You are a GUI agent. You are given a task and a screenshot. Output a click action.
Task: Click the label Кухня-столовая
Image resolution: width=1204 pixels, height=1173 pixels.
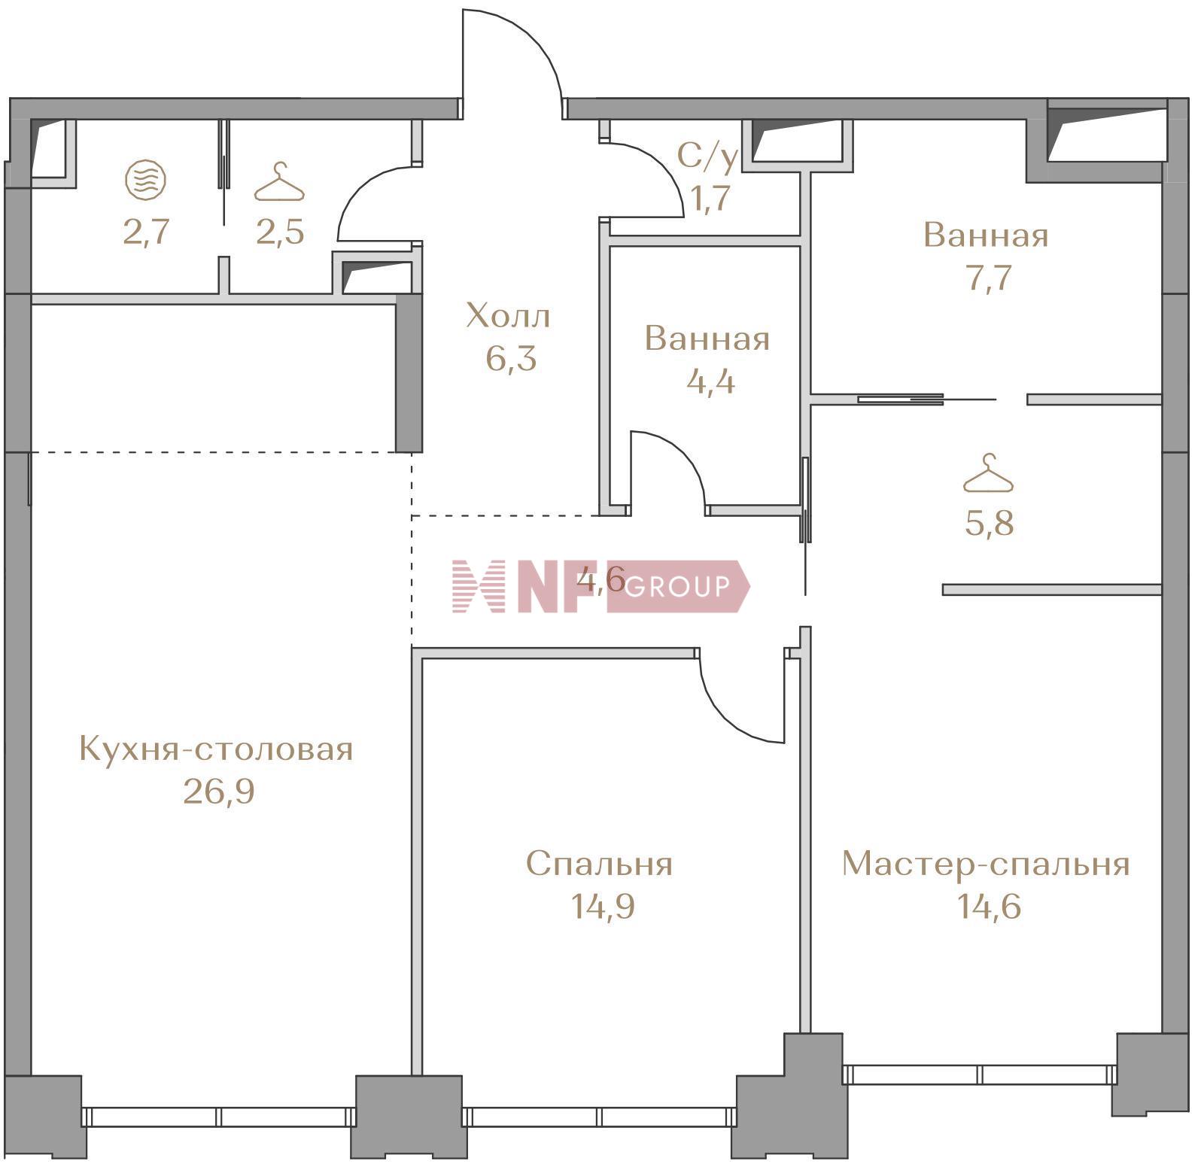pos(216,749)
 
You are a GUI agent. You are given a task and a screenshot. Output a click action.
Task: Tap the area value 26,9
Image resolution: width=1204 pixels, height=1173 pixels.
pos(219,791)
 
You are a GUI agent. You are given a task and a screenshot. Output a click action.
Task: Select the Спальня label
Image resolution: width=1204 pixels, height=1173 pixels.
pos(599,864)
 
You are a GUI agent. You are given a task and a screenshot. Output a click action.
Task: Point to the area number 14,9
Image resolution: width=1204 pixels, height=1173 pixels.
pos(602,906)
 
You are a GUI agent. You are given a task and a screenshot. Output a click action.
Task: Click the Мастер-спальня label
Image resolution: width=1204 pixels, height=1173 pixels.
pos(986,864)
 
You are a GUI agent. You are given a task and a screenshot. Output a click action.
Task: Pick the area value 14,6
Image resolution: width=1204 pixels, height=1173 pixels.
pos(989,906)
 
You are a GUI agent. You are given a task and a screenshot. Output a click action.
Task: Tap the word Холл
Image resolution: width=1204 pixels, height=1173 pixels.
pos(509,316)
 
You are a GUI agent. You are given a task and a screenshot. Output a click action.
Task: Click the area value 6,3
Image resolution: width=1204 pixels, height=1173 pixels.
pos(511,358)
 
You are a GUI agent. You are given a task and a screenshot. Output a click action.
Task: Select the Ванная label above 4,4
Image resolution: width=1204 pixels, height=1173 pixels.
pos(707,339)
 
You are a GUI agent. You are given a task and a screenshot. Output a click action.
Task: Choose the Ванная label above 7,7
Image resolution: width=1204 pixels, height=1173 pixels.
pos(986,236)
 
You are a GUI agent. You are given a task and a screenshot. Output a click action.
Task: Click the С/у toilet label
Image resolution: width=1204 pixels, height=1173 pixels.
pos(707,157)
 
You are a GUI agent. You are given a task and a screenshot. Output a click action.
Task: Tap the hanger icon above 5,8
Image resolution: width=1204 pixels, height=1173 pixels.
pos(989,474)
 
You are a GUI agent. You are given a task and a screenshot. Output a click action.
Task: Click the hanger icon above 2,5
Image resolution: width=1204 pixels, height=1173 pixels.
pos(280,183)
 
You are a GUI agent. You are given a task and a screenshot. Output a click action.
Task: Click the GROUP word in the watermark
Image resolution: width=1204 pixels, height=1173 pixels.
pos(676,586)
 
